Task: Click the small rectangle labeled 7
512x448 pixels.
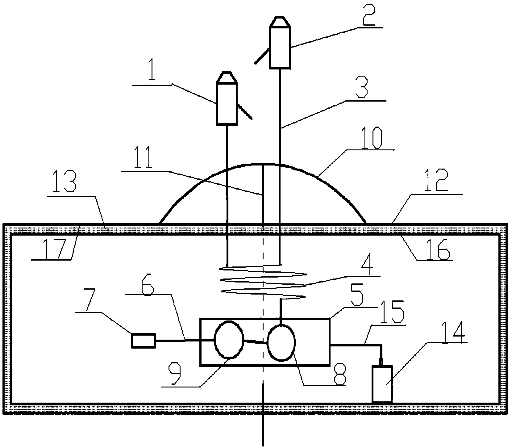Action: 143,341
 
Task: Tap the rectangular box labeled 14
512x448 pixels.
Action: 382,384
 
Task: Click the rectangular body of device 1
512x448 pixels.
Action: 227,104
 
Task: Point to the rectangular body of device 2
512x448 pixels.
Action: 280,47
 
